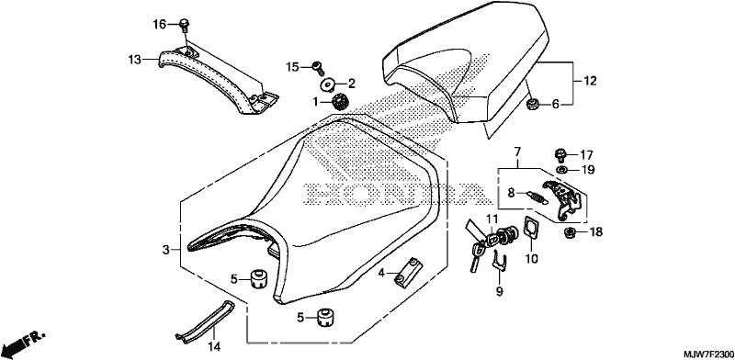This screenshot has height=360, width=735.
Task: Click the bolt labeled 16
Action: tap(185, 25)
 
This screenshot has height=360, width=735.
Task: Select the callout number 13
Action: tap(134, 60)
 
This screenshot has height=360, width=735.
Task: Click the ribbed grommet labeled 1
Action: tap(339, 102)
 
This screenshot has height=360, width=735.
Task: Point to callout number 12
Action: tap(590, 81)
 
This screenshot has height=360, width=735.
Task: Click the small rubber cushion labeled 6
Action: tap(532, 105)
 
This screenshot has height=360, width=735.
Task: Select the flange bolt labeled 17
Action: tap(560, 154)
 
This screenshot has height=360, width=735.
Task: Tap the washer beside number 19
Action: tap(561, 169)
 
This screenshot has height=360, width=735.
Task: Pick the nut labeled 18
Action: tap(570, 231)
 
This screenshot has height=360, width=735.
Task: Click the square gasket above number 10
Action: tap(532, 228)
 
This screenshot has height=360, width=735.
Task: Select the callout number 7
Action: tap(517, 152)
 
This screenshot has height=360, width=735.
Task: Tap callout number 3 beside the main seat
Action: tap(165, 251)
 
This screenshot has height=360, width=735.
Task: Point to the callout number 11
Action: tap(491, 219)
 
